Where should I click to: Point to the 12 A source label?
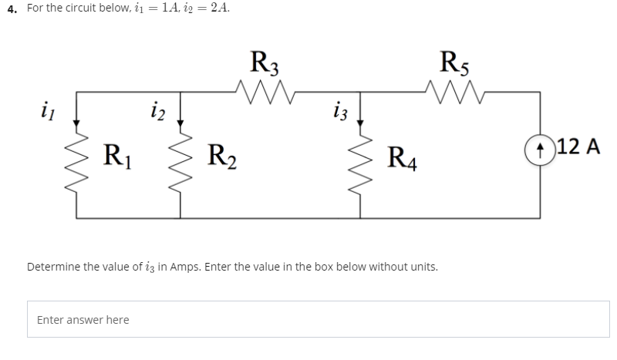[577, 145]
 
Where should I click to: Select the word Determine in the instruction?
[55, 267]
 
